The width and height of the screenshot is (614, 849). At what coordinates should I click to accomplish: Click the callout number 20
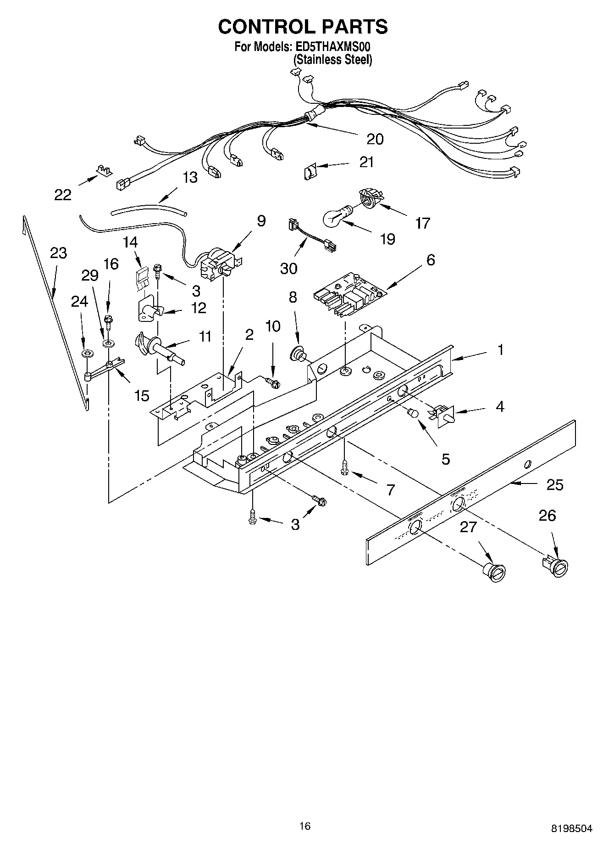click(375, 139)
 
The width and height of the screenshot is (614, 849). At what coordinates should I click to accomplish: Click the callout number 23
click(59, 253)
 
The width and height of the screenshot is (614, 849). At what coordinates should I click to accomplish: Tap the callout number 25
click(555, 485)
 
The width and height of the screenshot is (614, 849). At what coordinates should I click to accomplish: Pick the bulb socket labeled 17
click(369, 198)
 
